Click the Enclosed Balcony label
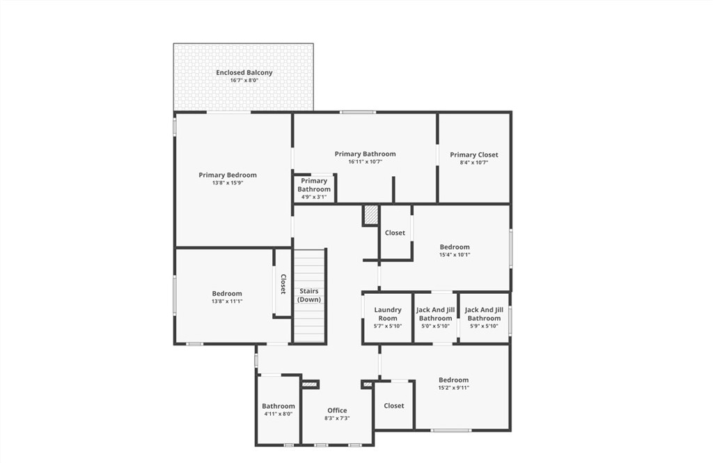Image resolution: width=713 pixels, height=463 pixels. tap(244, 72)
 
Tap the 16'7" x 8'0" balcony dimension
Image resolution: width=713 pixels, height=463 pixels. tap(244, 81)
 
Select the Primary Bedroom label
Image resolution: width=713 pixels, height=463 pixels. tap(228, 175)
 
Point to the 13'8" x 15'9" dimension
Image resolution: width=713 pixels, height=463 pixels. tap(228, 183)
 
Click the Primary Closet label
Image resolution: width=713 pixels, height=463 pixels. tap(473, 155)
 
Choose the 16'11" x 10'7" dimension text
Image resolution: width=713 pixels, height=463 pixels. tap(365, 162)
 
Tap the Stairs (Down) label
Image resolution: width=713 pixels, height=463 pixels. tap(309, 295)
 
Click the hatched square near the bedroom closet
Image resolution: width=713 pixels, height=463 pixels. tap(371, 214)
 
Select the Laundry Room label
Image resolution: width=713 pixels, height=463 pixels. tap(388, 314)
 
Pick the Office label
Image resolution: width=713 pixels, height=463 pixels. tap(337, 410)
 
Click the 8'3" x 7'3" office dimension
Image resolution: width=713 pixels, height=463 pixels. tap(337, 418)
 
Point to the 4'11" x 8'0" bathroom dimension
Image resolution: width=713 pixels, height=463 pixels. tap(279, 414)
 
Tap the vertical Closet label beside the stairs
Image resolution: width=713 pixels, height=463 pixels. tap(283, 283)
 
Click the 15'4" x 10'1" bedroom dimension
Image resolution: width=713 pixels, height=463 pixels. tap(455, 255)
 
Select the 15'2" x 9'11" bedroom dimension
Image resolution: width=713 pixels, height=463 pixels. tap(454, 388)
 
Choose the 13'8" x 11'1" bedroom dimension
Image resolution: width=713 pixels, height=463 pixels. tap(227, 301)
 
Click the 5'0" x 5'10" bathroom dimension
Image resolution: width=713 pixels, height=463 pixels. tap(435, 326)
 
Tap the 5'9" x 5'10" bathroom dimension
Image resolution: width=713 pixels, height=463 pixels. tap(484, 326)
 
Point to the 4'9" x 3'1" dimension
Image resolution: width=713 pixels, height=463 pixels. tap(314, 197)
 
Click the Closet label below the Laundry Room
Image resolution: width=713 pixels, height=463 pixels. tap(394, 405)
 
